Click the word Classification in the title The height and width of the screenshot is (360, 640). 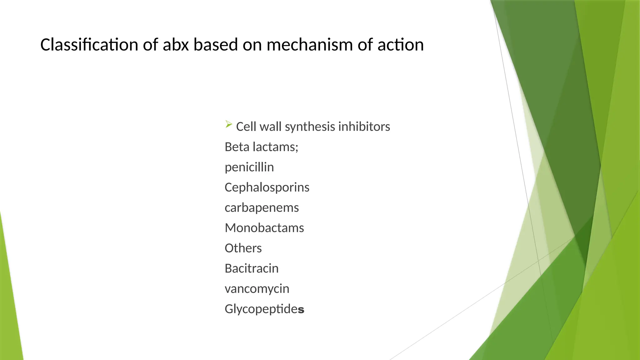point(89,45)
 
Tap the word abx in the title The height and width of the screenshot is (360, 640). point(176,45)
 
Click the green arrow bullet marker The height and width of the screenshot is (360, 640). point(228,125)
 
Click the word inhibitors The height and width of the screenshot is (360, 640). point(364,127)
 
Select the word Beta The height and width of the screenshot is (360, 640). point(237,147)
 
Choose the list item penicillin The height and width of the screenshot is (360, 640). point(249,167)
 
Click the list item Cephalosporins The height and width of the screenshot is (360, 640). point(267,187)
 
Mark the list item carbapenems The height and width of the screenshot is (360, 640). point(262,208)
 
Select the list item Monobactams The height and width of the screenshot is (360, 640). point(264,228)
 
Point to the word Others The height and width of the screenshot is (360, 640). point(243,248)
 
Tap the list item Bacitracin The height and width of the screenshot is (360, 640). point(252,268)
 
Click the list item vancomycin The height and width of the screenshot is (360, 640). point(257,289)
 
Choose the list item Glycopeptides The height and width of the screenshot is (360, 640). point(264,309)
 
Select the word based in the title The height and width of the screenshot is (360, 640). point(216,45)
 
